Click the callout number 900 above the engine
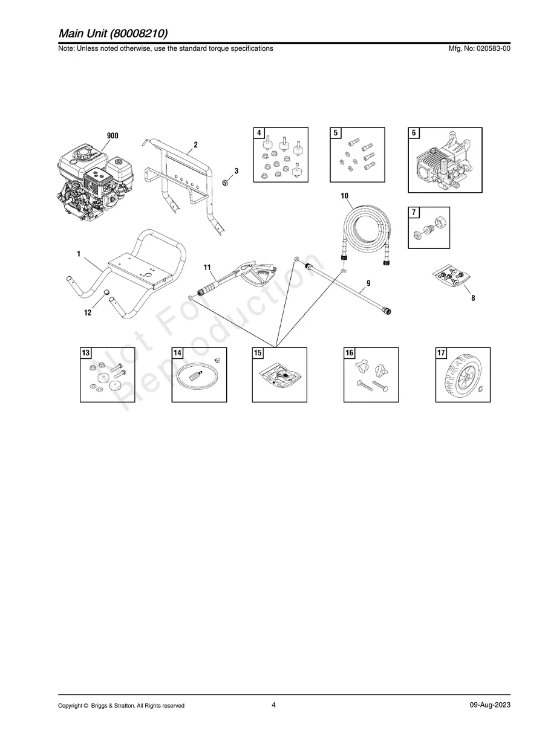point(113,136)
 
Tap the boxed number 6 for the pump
point(414,133)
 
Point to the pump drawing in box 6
point(446,163)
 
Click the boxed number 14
point(178,353)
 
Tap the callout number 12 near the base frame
point(88,312)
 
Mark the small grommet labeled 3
point(224,182)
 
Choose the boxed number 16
point(350,353)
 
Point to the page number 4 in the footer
point(274,705)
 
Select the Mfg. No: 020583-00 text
point(477,48)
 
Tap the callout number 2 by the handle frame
point(196,145)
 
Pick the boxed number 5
point(336,133)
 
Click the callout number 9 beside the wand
point(368,283)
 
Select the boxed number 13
point(86,353)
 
